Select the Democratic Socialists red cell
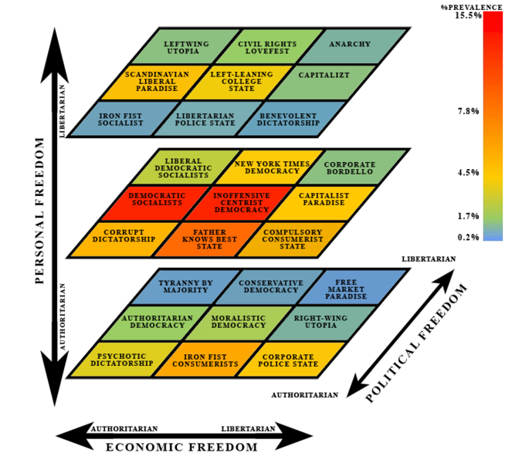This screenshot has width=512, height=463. click(155, 203)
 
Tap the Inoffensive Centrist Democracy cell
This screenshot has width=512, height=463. click(239, 203)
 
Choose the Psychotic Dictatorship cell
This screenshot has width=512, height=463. click(124, 360)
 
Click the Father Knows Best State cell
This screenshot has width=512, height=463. click(209, 239)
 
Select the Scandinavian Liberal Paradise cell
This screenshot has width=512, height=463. click(155, 83)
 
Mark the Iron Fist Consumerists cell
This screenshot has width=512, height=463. click(209, 360)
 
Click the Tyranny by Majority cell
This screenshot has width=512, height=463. click(185, 287)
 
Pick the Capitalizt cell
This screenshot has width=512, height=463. click(323, 83)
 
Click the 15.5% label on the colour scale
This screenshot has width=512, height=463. click(468, 15)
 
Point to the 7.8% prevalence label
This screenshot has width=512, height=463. click(468, 111)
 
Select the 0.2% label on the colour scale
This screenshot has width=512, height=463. click(468, 237)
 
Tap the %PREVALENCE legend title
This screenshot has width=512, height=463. click(472, 7)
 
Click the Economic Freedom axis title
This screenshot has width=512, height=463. click(182, 447)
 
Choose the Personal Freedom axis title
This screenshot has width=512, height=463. click(39, 211)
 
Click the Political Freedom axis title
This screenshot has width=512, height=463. click(416, 343)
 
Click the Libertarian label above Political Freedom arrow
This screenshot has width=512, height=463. click(429, 259)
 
